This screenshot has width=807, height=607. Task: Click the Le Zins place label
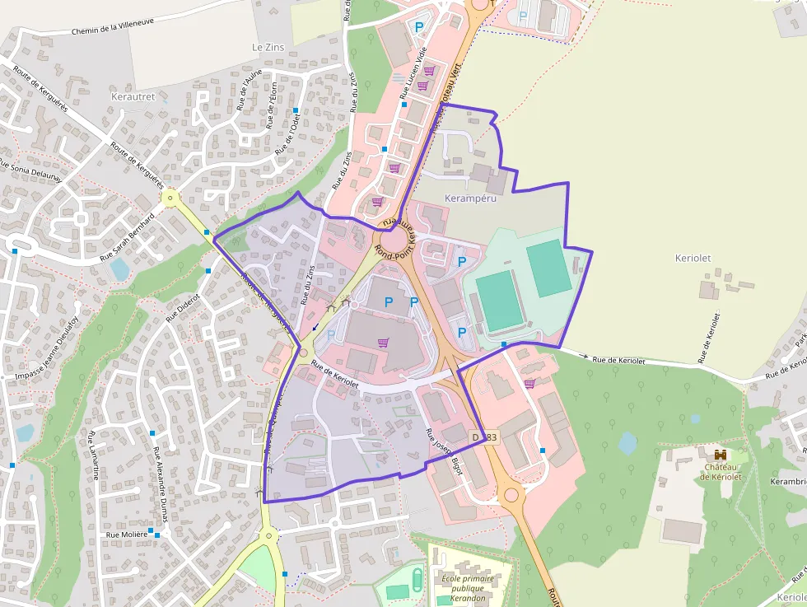268,48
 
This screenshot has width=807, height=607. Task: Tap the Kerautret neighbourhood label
132,96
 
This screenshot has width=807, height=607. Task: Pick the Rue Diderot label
183,306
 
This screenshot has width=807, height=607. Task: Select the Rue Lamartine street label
93,455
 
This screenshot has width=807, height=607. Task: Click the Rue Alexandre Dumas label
160,480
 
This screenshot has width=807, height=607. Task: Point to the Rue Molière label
127,535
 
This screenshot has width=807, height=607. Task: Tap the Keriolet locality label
693,258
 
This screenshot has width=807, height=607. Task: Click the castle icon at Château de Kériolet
721,455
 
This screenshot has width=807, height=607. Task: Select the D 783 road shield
484,437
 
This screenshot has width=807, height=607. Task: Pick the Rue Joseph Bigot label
444,451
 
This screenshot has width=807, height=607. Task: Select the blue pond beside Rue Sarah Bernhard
120,269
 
